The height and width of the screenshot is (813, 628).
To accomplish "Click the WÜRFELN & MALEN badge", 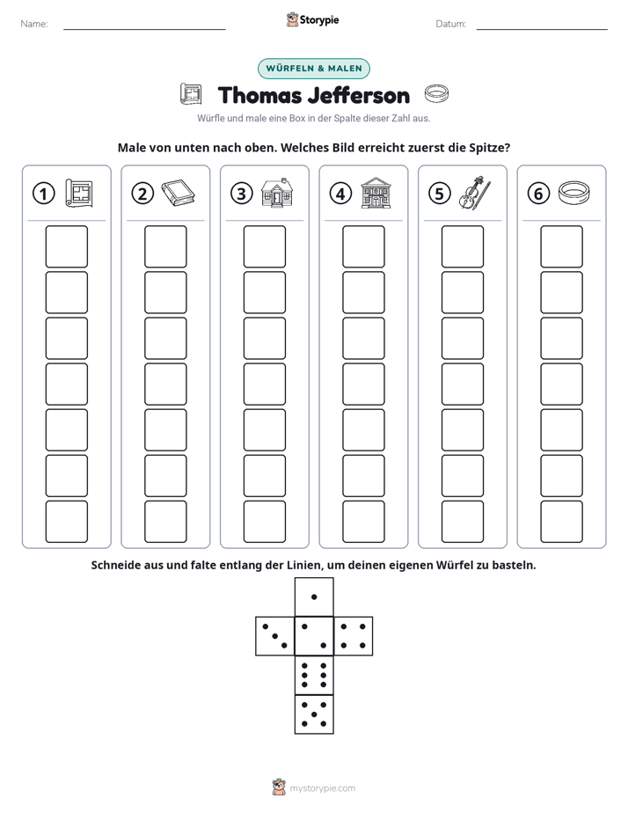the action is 313,69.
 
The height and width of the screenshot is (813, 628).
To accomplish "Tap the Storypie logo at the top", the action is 312,19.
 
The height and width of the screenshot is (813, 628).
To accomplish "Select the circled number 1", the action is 43,194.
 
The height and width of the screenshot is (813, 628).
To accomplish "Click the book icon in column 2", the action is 179,193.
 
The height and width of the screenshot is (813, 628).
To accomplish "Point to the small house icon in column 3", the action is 277,193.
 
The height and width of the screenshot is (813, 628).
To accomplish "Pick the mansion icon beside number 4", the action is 376,193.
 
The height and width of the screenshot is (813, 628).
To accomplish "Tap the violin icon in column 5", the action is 474,193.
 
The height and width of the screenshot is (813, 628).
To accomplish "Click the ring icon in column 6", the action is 574,193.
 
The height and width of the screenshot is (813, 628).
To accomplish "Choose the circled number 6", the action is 538,194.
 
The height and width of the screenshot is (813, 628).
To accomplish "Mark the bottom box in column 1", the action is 66,522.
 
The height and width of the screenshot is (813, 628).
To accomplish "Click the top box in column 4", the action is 363,246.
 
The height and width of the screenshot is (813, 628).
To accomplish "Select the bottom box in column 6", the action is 561,522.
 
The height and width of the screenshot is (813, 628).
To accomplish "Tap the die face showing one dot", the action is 314,597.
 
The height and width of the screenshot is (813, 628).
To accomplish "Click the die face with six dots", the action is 314,675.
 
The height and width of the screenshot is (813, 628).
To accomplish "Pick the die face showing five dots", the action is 314,714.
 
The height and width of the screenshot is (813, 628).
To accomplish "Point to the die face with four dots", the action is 354,635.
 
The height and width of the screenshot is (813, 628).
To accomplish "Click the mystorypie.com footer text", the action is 322,788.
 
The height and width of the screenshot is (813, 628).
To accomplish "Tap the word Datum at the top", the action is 450,24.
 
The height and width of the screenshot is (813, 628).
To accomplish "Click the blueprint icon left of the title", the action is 191,94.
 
